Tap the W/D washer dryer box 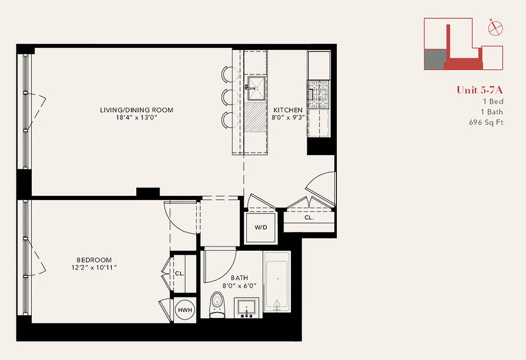pyautogui.click(x=261, y=227)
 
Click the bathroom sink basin pyautogui.click(x=247, y=308)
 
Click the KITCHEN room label pyautogui.click(x=288, y=110)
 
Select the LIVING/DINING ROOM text pyautogui.click(x=137, y=110)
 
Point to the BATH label pyautogui.click(x=239, y=278)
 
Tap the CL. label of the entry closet pyautogui.click(x=309, y=217)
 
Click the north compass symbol pyautogui.click(x=495, y=28)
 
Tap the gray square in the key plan pyautogui.click(x=434, y=59)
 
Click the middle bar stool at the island pyautogui.click(x=229, y=96)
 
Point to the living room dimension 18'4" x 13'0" pyautogui.click(x=137, y=118)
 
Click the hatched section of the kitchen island pyautogui.click(x=256, y=118)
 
